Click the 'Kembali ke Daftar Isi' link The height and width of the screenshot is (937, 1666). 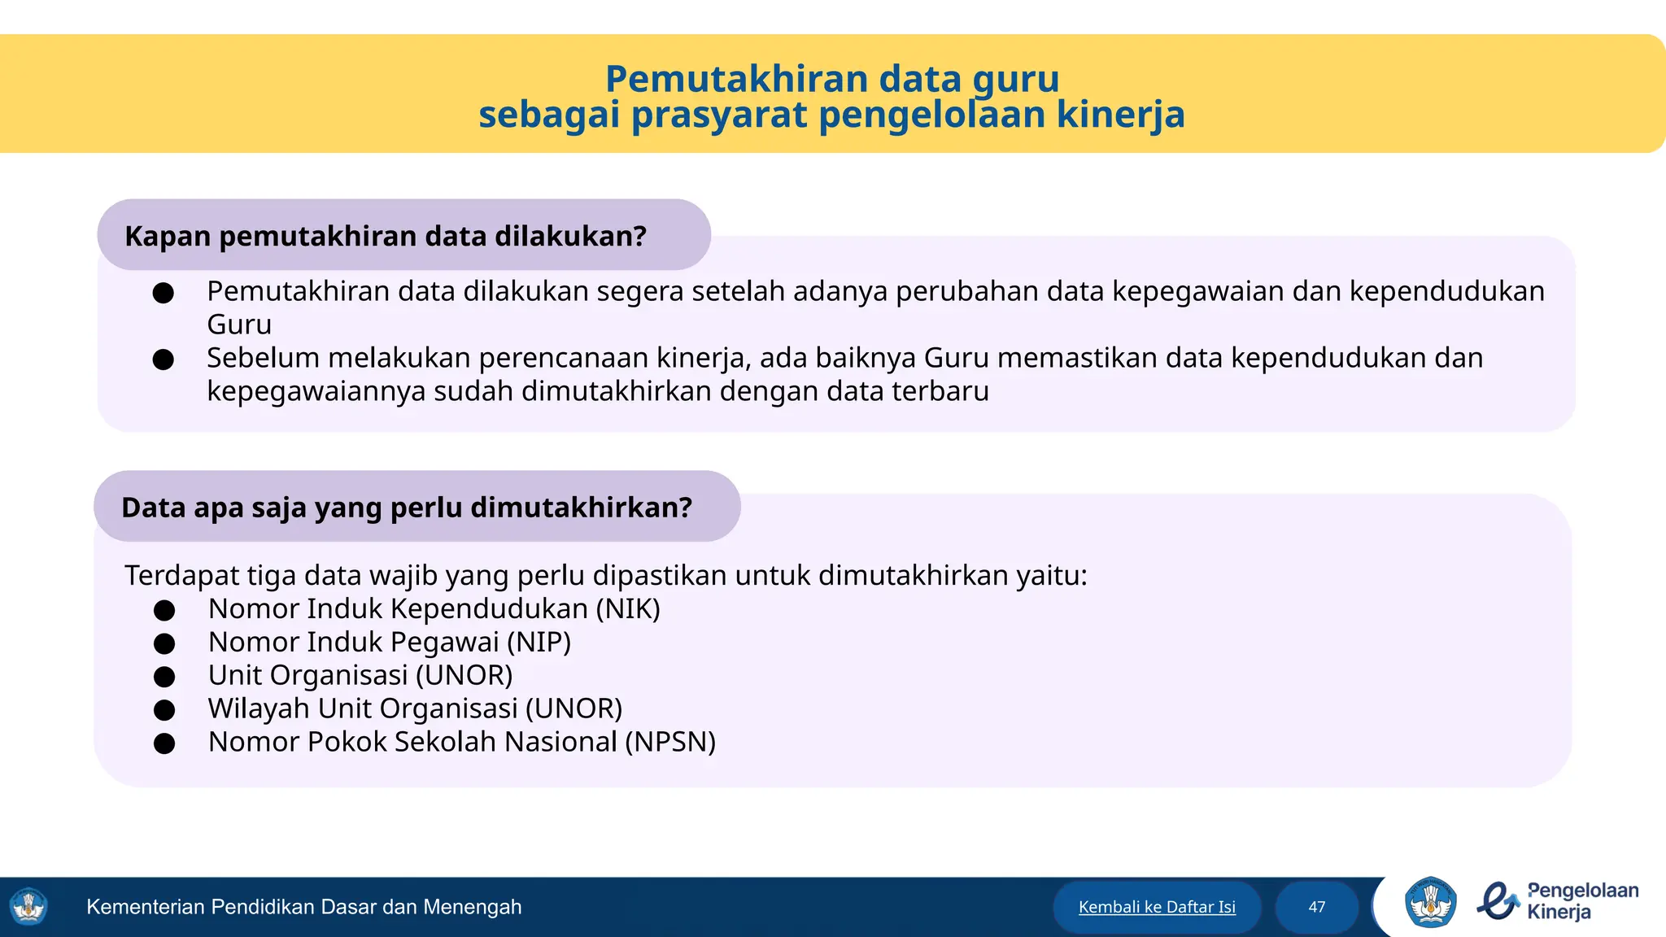pyautogui.click(x=1157, y=907)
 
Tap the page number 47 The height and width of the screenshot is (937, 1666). pyautogui.click(x=1317, y=907)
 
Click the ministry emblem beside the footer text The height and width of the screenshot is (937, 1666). pyautogui.click(x=29, y=907)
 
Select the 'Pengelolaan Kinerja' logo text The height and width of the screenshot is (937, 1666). pyautogui.click(x=1582, y=901)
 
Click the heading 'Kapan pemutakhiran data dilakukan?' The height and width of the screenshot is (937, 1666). pyautogui.click(x=386, y=236)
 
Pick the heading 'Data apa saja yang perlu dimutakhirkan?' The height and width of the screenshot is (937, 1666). pyautogui.click(x=407, y=508)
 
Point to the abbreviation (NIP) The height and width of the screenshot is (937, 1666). pyautogui.click(x=539, y=642)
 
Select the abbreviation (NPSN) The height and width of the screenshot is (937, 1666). pyautogui.click(x=670, y=742)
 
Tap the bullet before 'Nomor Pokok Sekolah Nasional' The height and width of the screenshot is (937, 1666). pyautogui.click(x=164, y=743)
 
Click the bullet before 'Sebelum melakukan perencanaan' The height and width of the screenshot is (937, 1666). pyautogui.click(x=164, y=360)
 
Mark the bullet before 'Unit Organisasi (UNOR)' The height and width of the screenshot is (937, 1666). pyautogui.click(x=164, y=677)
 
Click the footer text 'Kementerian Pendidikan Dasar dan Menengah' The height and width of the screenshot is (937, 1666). pyautogui.click(x=304, y=907)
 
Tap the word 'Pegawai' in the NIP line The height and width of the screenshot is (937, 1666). pyautogui.click(x=445, y=642)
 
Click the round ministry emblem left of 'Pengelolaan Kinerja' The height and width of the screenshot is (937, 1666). pyautogui.click(x=1430, y=902)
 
